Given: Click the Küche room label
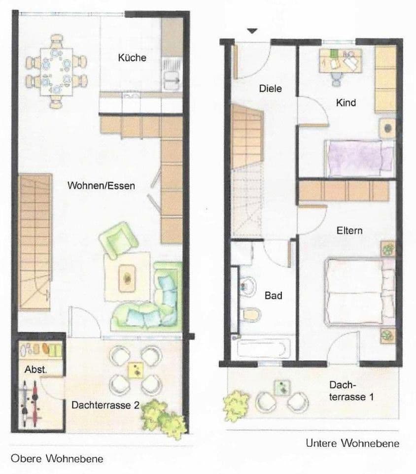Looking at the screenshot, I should pyautogui.click(x=132, y=58).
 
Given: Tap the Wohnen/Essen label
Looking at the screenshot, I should pyautogui.click(x=101, y=186).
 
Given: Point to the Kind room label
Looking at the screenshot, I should pyautogui.click(x=346, y=103).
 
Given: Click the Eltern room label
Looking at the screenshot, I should pyautogui.click(x=349, y=230).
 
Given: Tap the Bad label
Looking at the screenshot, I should pyautogui.click(x=273, y=296).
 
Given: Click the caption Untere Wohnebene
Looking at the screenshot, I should pyautogui.click(x=352, y=443).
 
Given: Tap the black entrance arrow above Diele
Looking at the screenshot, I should pyautogui.click(x=252, y=31).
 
